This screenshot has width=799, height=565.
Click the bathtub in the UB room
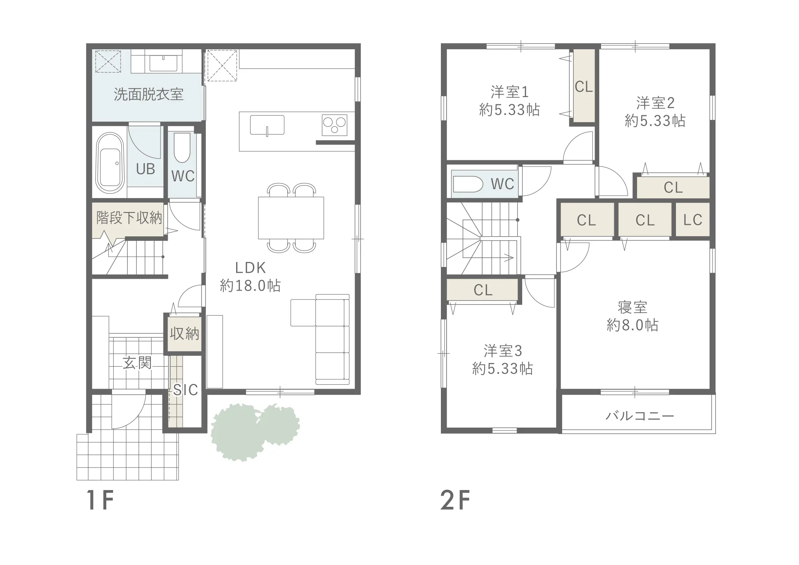(x=110, y=163)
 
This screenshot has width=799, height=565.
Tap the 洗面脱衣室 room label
(x=148, y=94)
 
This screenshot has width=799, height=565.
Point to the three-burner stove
(x=334, y=125)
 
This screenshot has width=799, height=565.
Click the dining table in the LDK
(x=291, y=218)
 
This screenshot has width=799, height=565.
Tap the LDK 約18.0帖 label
(x=250, y=277)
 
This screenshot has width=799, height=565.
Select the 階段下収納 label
(x=129, y=218)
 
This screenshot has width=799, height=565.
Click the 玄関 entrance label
(x=137, y=363)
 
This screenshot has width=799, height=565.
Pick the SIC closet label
(x=185, y=390)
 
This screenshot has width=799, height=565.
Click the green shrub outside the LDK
(x=255, y=432)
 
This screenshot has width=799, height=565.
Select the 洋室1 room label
(x=509, y=92)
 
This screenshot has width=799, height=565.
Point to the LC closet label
(x=693, y=220)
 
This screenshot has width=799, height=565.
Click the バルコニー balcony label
(x=640, y=416)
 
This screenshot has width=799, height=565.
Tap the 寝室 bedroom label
(x=632, y=307)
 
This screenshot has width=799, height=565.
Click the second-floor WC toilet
(x=468, y=184)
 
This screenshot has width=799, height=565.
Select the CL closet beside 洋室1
(x=584, y=87)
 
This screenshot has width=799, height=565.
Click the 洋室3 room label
(x=503, y=351)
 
